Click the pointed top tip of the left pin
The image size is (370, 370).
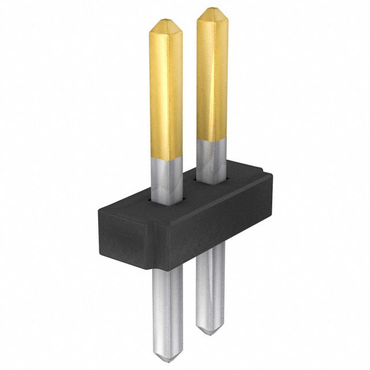(x=165, y=22)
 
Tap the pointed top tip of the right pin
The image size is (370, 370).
(x=212, y=9)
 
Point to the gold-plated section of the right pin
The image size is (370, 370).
(x=212, y=75)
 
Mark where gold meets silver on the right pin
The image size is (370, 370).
(x=212, y=140)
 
